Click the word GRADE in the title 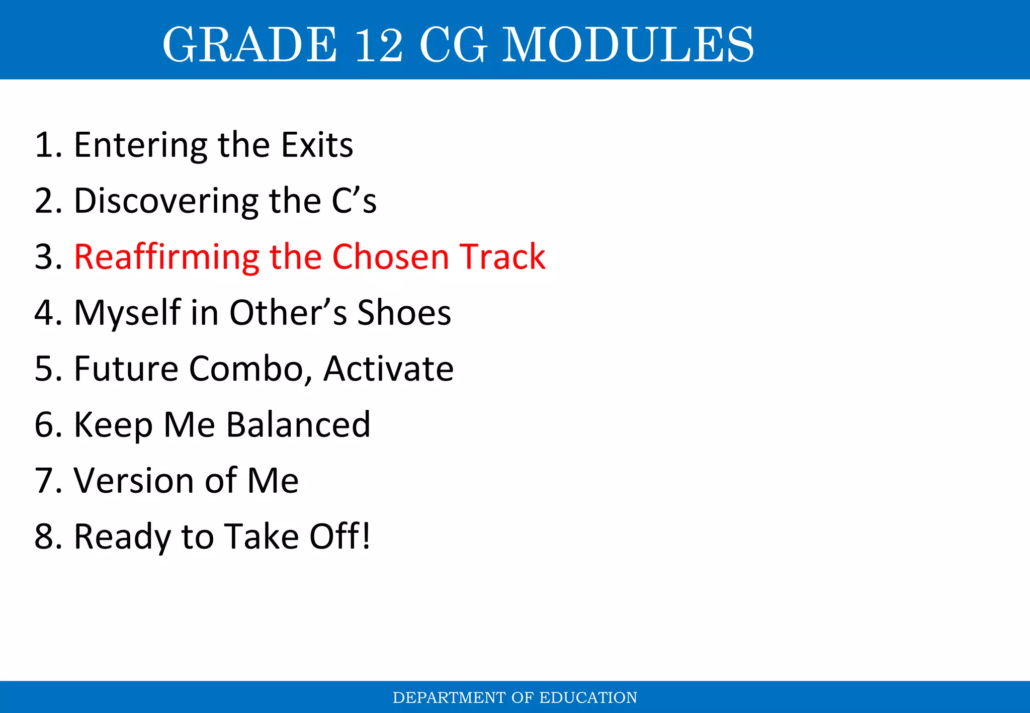pos(249,45)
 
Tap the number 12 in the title pos(378,45)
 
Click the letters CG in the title pos(453,45)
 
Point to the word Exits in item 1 pos(317,145)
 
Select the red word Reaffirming pos(166,257)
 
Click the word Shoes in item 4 pos(404,313)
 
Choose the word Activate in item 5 pos(388,369)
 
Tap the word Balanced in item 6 pos(298,424)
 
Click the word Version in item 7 pos(134,480)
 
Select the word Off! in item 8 pos(340,536)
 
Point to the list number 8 pos(44,536)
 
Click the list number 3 pos(44,257)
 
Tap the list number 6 pos(44,425)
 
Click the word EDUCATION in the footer pos(588,697)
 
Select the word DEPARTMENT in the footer pos(449,697)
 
